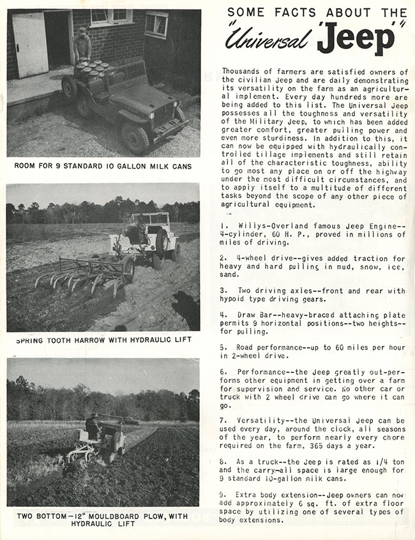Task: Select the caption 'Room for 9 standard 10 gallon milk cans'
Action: tap(103, 166)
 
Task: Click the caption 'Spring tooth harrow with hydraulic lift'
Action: tap(103, 340)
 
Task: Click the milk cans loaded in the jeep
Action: tap(91, 69)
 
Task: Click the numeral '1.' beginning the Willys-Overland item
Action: tap(225, 226)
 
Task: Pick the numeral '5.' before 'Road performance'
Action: tap(225, 347)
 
